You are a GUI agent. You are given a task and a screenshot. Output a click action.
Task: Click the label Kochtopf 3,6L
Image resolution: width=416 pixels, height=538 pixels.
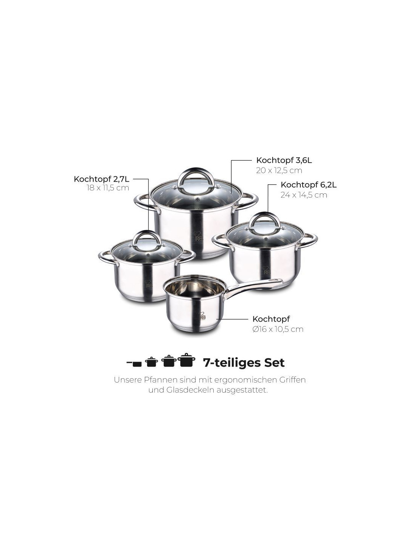click(284, 160)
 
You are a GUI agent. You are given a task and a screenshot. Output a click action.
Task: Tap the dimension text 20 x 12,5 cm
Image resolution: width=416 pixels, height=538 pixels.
click(279, 171)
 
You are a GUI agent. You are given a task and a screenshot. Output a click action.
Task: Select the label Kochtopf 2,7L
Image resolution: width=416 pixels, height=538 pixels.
click(101, 179)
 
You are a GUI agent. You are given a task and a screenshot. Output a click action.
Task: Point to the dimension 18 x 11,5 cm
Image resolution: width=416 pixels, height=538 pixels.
click(108, 188)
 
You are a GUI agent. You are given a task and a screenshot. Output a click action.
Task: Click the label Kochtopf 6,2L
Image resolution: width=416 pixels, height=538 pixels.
click(309, 185)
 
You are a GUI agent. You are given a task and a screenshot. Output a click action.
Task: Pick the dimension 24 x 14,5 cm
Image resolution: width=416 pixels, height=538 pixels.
click(304, 195)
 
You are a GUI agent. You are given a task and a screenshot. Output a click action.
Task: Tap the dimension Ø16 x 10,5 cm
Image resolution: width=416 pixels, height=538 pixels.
click(278, 329)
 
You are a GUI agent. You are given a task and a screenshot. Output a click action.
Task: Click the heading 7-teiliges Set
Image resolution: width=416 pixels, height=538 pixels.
click(244, 363)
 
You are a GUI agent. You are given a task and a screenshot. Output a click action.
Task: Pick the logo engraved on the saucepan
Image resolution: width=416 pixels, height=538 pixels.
click(202, 316)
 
